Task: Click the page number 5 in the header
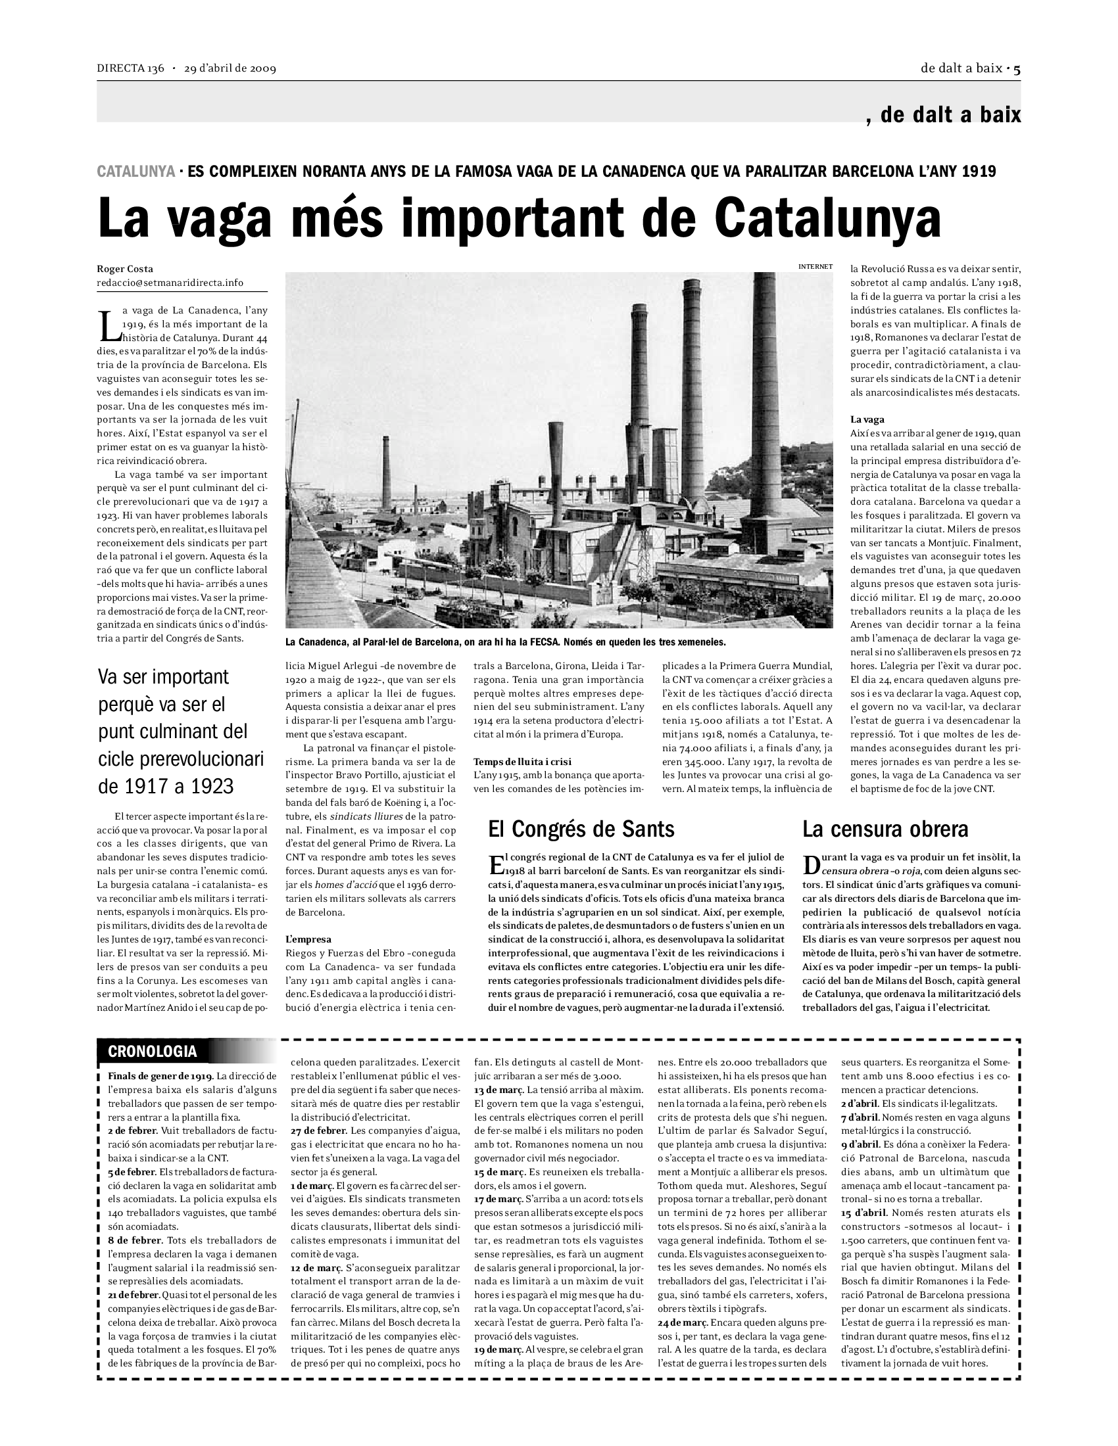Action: [1017, 68]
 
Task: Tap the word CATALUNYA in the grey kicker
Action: [135, 172]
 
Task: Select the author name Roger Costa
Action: [125, 269]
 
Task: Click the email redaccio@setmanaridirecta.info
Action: [170, 283]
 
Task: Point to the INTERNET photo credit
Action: [815, 266]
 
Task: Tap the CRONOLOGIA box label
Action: [153, 1051]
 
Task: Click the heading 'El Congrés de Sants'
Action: [581, 829]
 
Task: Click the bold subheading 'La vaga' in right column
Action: [867, 419]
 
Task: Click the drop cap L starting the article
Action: [106, 324]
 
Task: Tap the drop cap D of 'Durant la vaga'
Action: [812, 864]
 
